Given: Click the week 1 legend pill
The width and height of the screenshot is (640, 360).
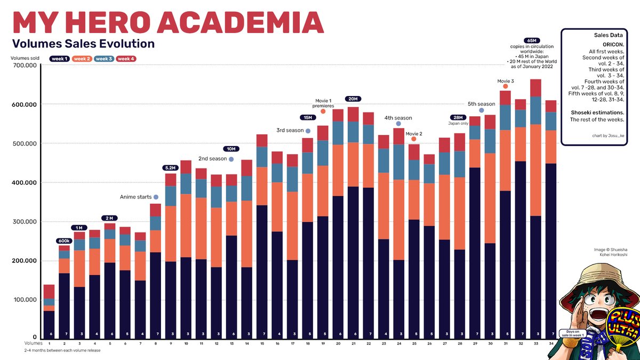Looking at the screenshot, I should (x=60, y=59).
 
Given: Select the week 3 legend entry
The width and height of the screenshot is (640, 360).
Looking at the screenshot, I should (x=104, y=59).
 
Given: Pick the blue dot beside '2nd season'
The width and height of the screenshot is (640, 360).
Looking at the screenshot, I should (x=231, y=159).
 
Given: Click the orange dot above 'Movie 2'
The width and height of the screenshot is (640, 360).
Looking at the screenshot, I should (x=414, y=139).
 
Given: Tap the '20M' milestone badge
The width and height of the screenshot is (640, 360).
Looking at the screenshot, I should (x=353, y=99).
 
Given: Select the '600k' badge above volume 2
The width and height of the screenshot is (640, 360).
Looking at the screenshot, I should (x=64, y=241).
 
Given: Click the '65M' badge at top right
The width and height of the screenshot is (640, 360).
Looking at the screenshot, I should (x=531, y=40).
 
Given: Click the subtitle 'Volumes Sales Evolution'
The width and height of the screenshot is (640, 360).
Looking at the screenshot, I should (x=83, y=44).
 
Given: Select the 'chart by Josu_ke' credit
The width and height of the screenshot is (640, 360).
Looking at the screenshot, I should (x=608, y=135).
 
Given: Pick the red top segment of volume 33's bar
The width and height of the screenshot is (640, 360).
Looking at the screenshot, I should (x=535, y=88).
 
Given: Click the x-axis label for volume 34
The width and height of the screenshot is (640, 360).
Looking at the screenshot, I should (x=551, y=344).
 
